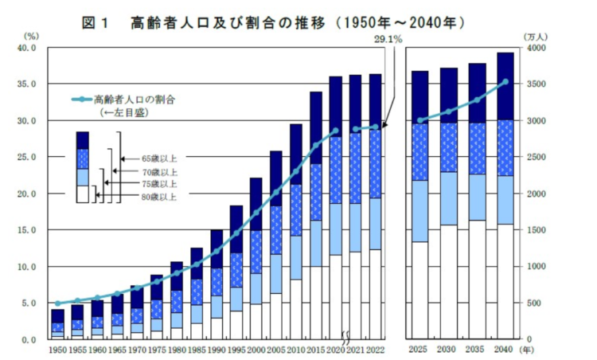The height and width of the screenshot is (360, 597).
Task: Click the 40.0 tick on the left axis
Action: (26, 49)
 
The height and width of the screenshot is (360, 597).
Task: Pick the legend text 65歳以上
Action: (159, 158)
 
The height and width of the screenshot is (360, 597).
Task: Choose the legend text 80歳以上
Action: (159, 196)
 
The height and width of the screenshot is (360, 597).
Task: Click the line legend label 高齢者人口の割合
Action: (133, 100)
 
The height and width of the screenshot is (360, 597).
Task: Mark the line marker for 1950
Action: (57, 303)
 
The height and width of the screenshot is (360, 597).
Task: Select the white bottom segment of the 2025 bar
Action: (420, 290)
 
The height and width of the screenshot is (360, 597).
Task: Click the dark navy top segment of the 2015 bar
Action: (316, 127)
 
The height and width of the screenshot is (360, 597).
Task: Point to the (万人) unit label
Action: (536, 36)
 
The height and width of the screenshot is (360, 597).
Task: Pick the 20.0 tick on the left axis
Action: (26, 194)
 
